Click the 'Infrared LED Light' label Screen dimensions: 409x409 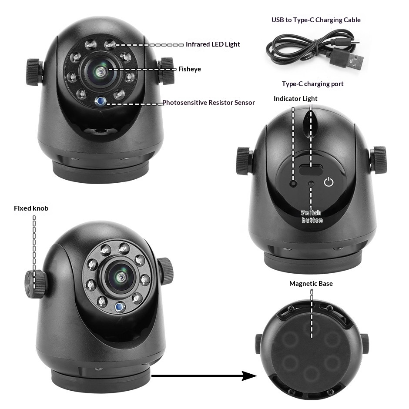point(213,44)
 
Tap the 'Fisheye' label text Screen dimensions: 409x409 point(189,69)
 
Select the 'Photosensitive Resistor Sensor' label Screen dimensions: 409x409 point(208,103)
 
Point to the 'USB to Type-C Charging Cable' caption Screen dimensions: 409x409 point(316,20)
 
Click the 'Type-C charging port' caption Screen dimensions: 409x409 point(312,84)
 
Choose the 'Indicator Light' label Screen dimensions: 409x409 point(295,99)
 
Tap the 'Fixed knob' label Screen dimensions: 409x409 point(31,208)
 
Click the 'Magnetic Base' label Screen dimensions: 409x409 point(311,284)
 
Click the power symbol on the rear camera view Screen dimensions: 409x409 point(329,182)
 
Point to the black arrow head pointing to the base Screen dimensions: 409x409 point(249,375)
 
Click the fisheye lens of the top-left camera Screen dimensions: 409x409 point(100,71)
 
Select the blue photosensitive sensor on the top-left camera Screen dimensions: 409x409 point(100,101)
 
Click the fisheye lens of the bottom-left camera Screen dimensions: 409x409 point(120,277)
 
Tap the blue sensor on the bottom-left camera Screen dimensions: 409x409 point(120,307)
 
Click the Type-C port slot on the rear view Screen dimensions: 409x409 point(310,170)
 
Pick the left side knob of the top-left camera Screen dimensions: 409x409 point(35,72)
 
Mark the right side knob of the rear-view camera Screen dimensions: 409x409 point(378,160)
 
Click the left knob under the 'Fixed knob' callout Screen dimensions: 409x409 point(34,284)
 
